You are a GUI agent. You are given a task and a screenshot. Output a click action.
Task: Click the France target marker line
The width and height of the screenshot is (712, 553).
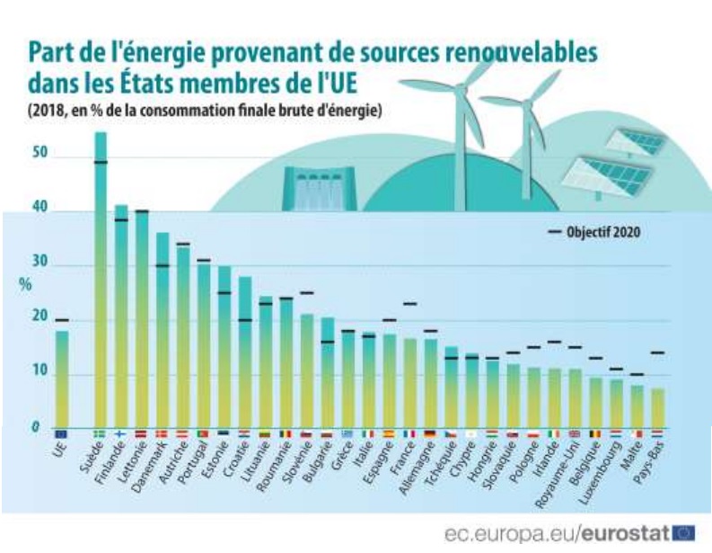click(x=410, y=304)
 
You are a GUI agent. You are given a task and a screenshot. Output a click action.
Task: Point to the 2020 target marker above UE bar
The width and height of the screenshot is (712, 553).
click(x=61, y=320)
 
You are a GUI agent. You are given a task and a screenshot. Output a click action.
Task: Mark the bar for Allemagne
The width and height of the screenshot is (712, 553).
click(x=431, y=383)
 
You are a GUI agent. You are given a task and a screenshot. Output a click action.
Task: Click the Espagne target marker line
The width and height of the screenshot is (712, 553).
click(x=390, y=320)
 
